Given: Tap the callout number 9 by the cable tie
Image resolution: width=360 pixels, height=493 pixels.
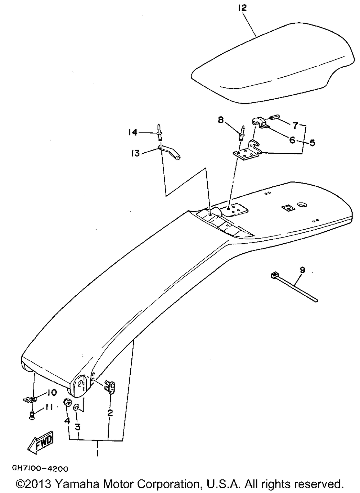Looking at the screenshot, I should pos(302,269).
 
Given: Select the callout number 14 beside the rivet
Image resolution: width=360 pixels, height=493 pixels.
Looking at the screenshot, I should pos(133,133).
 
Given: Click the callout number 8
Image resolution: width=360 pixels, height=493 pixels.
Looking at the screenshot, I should pos(220,120).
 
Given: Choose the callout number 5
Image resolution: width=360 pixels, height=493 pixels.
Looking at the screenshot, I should pos(312,143).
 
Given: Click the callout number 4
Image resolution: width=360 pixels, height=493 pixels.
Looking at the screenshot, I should pos(67,420).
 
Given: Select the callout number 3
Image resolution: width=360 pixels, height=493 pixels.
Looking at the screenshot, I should pos(78,427).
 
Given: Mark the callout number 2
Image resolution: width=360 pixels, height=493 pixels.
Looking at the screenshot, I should pos(110,413).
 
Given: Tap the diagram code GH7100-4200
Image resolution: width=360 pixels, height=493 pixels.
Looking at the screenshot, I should pos(40,469).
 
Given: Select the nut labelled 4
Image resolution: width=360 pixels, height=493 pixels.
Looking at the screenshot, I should pos(67,402).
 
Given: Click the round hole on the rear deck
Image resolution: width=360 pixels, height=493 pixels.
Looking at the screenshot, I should pos(302,205).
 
